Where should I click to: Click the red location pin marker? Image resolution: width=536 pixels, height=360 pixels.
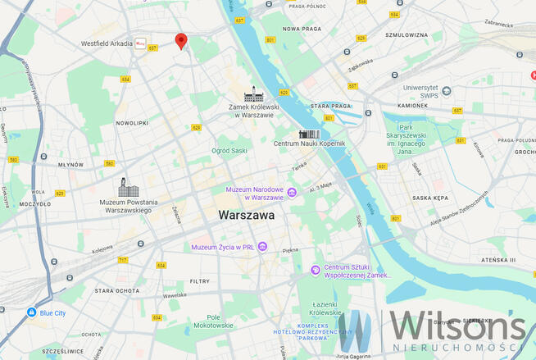coord(181,40)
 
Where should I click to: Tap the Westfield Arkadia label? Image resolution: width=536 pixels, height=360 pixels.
coord(107,43)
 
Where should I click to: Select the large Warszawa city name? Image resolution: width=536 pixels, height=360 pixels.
coord(246,216)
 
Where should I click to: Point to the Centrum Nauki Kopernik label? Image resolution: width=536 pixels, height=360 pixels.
coord(310,144)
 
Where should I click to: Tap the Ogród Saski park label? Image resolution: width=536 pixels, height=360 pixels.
coord(229,151)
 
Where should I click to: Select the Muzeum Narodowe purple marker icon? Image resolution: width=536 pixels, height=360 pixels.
coord(292,193)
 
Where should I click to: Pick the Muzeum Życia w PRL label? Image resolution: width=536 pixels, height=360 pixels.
coord(223,247)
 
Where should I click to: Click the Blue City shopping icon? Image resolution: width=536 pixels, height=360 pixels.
coord(31,312)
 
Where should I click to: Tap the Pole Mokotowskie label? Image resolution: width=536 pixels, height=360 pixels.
coord(214,321)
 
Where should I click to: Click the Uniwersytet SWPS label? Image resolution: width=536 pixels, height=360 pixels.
coord(422,92)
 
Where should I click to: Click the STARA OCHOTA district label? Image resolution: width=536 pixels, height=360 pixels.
coord(114,290)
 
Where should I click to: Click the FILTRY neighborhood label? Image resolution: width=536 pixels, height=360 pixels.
coord(200,280)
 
